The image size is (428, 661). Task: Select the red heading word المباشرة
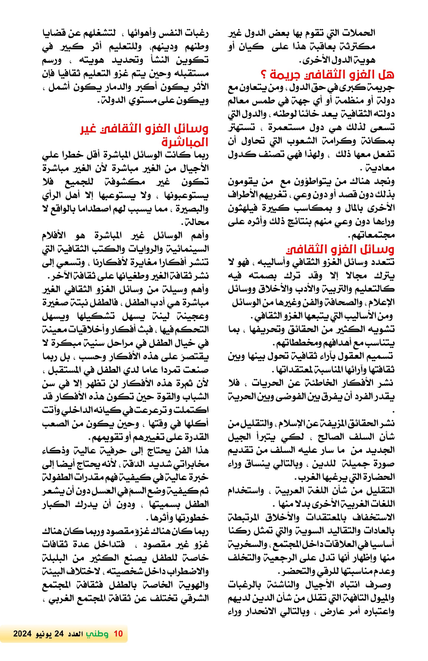(x=185, y=143)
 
